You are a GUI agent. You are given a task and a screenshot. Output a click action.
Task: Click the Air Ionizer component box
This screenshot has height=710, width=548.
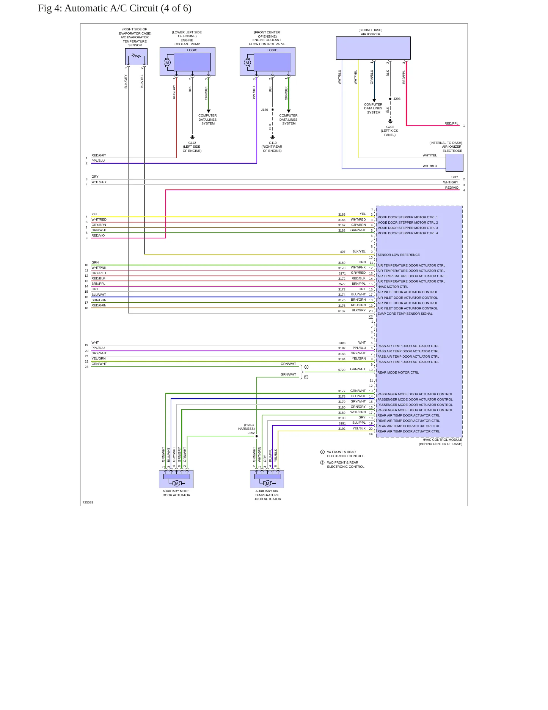pyautogui.click(x=373, y=48)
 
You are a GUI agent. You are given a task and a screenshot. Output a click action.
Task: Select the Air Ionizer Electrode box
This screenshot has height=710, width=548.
pyautogui.click(x=454, y=163)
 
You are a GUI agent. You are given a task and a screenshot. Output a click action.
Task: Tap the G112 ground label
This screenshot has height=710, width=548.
pyautogui.click(x=192, y=143)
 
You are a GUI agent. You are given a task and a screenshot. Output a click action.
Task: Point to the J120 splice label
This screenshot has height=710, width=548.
pyautogui.click(x=264, y=110)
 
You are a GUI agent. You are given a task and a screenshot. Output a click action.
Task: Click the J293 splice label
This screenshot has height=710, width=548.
pyautogui.click(x=397, y=99)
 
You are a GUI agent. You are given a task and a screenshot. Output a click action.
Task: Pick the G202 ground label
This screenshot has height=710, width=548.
pyautogui.click(x=390, y=127)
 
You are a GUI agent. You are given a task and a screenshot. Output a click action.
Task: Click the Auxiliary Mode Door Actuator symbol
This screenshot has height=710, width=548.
pyautogui.click(x=176, y=479)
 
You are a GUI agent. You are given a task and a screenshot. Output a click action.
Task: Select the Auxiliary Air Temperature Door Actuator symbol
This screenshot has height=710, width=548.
pyautogui.click(x=267, y=479)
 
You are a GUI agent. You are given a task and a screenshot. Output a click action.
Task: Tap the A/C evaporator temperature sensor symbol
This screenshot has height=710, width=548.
pyautogui.click(x=136, y=57)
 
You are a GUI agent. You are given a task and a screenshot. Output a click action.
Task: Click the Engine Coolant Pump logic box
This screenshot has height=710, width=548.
pyautogui.click(x=187, y=62)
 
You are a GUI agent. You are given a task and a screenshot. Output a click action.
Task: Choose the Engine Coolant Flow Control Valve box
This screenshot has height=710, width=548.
pyautogui.click(x=267, y=62)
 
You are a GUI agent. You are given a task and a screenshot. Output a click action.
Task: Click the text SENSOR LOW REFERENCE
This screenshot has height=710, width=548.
pyautogui.click(x=399, y=255)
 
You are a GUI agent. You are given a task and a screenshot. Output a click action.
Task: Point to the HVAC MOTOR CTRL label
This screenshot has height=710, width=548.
pyautogui.click(x=393, y=287)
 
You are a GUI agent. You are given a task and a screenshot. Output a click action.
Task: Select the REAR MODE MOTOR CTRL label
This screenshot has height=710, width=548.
pyautogui.click(x=398, y=372)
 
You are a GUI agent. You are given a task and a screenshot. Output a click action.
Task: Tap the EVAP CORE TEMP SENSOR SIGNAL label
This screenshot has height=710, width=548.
pyautogui.click(x=405, y=314)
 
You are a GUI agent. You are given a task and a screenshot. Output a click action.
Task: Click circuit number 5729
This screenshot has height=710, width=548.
pyautogui.click(x=342, y=370)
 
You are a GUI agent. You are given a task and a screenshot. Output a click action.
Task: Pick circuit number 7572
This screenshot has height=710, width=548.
pyautogui.click(x=342, y=284)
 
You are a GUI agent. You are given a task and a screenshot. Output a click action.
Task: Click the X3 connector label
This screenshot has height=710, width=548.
pyautogui.click(x=371, y=316)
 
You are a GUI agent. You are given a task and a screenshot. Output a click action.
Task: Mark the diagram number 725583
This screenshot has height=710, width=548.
pyautogui.click(x=88, y=502)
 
